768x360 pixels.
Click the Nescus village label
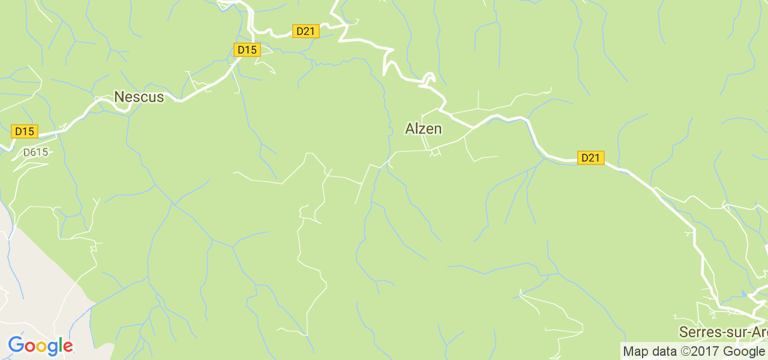tap(139, 97)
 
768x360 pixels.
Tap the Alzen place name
tap(424, 128)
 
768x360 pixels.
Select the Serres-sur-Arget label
tap(723, 332)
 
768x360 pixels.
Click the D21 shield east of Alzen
tap(590, 158)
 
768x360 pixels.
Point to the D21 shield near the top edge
tap(305, 31)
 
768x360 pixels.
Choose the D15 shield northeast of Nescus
tap(247, 50)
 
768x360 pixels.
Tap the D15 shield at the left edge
tap(24, 131)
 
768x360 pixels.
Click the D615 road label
tap(35, 152)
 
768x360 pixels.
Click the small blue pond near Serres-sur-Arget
tap(745, 294)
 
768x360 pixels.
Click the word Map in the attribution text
tap(635, 352)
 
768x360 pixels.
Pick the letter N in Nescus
tap(119, 97)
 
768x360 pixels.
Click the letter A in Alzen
tap(410, 128)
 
